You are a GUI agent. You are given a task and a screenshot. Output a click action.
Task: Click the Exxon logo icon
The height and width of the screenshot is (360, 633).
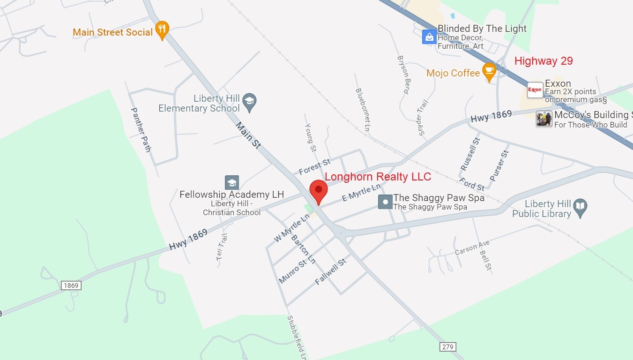[535, 90]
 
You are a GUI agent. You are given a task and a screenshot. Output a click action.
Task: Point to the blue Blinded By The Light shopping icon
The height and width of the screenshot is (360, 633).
[429, 37]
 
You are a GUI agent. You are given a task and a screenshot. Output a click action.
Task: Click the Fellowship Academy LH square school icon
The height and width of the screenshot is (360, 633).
[232, 182]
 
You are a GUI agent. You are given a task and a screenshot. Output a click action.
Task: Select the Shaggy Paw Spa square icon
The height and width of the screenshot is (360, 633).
[385, 202]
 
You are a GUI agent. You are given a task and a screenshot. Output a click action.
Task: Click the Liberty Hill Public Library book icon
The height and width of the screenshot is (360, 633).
[580, 208]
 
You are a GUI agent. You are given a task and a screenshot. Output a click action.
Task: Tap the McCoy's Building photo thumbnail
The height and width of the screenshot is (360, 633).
[544, 119]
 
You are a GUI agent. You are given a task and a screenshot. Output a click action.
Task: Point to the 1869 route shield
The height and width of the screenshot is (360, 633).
[71, 285]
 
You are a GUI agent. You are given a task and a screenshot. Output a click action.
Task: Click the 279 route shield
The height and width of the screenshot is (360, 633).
[447, 346]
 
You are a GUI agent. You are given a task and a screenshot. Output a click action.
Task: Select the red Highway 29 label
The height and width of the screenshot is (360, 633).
[544, 61]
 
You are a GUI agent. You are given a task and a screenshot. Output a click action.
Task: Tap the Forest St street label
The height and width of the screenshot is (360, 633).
[314, 165]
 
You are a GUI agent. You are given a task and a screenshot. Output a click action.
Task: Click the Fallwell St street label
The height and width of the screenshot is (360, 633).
[330, 272]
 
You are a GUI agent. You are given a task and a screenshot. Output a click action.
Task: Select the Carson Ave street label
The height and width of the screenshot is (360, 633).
[472, 247]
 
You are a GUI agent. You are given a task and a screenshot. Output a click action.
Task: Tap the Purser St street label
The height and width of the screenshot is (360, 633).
[499, 165]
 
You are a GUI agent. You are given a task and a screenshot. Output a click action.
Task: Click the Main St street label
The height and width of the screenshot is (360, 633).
[248, 135]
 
